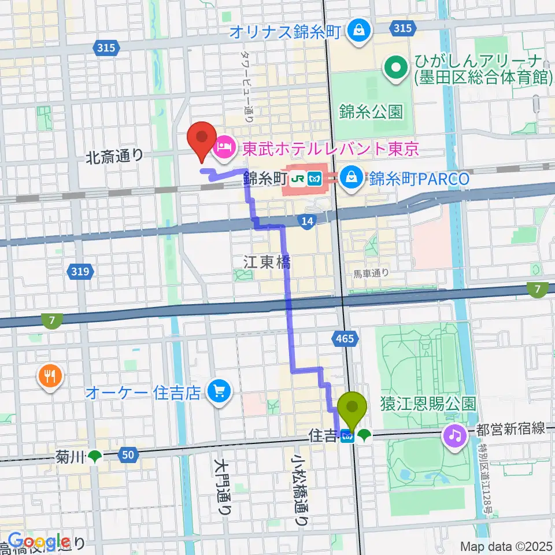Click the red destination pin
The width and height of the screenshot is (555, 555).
[x=202, y=140]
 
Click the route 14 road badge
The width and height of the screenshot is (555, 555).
[x=307, y=221]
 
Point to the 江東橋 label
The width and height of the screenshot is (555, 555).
[x=267, y=262]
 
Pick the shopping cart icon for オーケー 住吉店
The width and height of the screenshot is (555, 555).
[x=219, y=393]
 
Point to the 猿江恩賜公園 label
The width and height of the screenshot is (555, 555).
[x=427, y=403]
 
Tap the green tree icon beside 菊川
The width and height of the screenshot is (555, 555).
[x=94, y=457]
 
